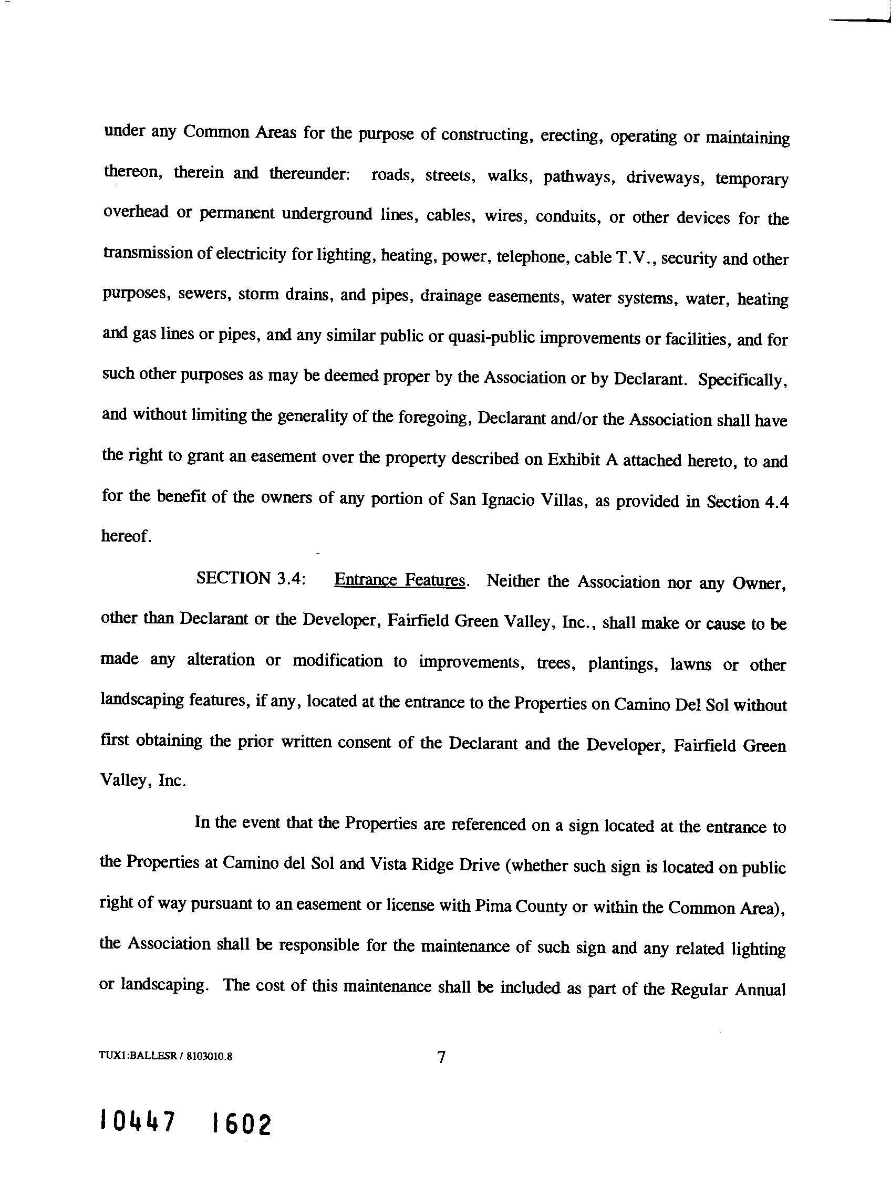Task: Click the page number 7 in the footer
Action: [x=441, y=1057]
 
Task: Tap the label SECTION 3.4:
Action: [x=251, y=578]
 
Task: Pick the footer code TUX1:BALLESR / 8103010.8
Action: [x=165, y=1057]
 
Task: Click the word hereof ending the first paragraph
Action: [x=126, y=536]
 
